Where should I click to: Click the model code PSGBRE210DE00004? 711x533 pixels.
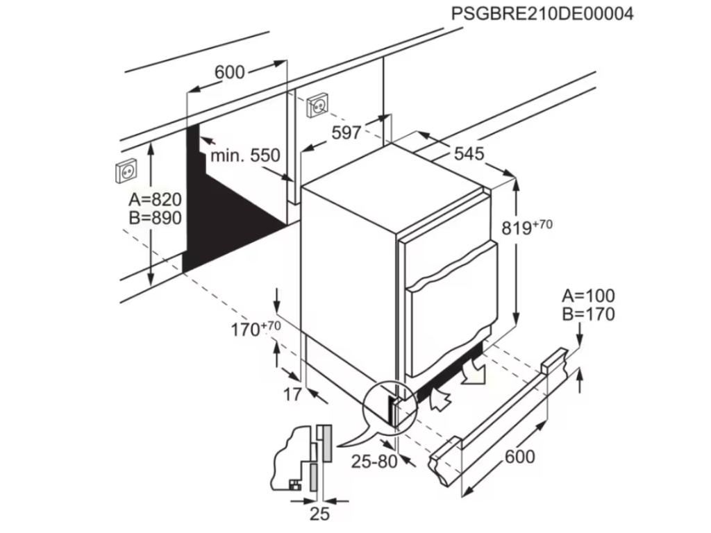point(542,14)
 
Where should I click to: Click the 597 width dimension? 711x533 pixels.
point(346,133)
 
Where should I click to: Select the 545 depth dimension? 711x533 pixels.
point(469,153)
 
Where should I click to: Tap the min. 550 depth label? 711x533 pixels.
point(245,155)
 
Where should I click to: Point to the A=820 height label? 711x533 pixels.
point(155,199)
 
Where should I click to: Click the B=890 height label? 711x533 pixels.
point(155,217)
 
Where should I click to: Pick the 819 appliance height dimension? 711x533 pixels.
point(527,227)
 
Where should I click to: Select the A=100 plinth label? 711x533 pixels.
point(589,296)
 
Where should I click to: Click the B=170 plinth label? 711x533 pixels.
point(589,314)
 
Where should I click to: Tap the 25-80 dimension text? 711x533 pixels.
point(374,462)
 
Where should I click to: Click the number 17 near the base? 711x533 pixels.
point(292,394)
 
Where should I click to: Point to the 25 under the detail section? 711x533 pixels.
point(319,514)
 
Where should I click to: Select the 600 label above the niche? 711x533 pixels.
point(229,72)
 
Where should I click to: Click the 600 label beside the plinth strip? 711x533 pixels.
point(519,457)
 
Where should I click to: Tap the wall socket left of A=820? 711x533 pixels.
point(127,171)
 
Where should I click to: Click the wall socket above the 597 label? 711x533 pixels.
point(317,105)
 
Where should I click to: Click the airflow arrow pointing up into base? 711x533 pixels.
point(439,398)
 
